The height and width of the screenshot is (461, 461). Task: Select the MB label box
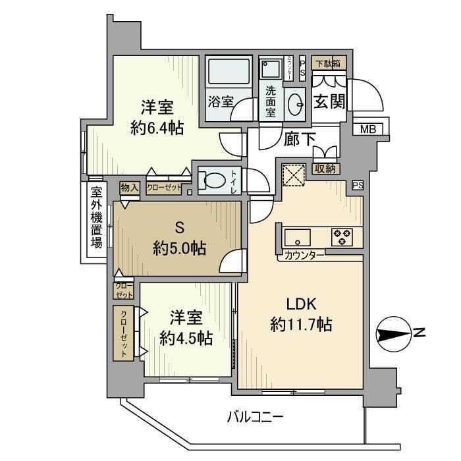367,129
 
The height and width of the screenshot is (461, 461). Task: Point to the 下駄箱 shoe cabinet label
327,64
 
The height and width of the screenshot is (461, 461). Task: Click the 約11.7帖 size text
301,324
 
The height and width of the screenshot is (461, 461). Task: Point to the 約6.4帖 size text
157,128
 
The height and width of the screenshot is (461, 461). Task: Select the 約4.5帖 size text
186,339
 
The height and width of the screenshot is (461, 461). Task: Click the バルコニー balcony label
255,417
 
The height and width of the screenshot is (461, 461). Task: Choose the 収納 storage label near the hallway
326,169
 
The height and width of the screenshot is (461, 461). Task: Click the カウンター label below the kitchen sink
304,255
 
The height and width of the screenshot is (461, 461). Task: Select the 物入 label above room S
130,188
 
